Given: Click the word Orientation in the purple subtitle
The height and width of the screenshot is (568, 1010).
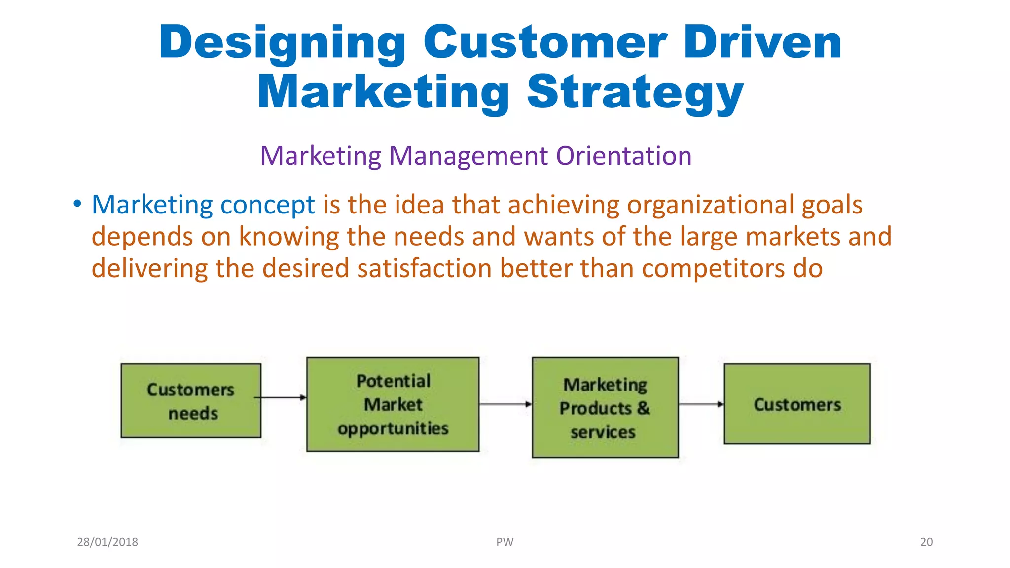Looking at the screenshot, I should coord(624,156).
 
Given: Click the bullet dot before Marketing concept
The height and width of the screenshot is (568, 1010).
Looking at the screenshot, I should coord(77,204).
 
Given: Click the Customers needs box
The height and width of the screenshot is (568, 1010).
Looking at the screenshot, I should coord(191,401).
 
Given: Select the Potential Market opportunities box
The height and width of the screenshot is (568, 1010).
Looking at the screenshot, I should coord(393,404).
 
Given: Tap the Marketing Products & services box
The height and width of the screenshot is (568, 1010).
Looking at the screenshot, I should coord(605,408).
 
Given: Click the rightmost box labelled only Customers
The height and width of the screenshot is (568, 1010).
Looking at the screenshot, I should coord(797,404).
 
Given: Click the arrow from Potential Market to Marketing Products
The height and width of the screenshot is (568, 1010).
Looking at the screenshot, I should coord(505,404).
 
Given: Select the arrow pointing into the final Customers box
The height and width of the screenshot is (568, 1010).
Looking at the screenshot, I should coord(701,404).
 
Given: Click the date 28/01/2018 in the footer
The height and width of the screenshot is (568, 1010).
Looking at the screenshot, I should coord(108,542).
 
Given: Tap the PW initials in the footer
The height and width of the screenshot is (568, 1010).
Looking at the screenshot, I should coord(505,542).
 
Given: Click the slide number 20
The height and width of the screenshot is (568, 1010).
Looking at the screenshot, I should coord(926,542).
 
